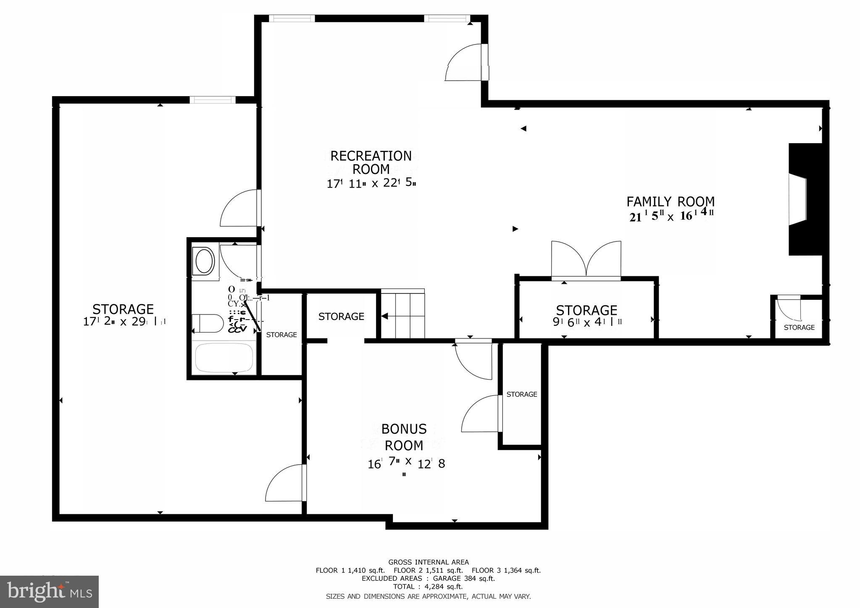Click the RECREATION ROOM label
click(371, 162)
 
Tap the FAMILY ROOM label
click(671, 202)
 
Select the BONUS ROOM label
click(404, 437)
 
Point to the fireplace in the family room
click(803, 199)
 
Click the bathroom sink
click(204, 261)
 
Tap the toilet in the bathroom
click(208, 323)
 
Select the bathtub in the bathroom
click(224, 358)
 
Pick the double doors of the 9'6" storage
click(586, 261)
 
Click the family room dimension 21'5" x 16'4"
click(671, 216)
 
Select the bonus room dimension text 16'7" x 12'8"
click(406, 464)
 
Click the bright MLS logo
click(50, 592)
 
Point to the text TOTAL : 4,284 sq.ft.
click(428, 587)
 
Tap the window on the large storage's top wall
click(212, 100)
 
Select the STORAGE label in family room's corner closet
click(799, 328)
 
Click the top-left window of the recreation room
click(292, 18)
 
